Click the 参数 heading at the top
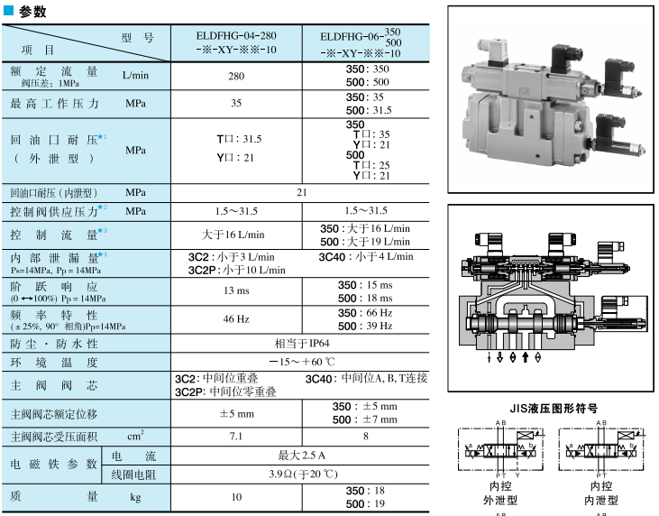(x=31, y=12)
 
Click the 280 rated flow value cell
(x=236, y=77)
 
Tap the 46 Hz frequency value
(x=236, y=318)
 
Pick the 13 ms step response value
(x=236, y=290)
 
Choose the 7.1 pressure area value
(x=236, y=437)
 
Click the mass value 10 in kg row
(x=236, y=497)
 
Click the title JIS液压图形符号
(x=554, y=408)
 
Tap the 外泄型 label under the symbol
(x=499, y=499)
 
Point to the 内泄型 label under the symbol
(x=599, y=499)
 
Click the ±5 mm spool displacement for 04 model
(x=236, y=413)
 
